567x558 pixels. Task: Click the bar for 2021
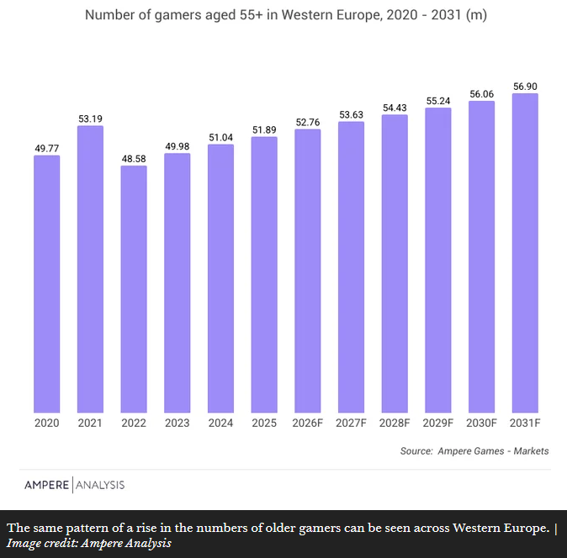click(90, 269)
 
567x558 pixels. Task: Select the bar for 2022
click(134, 289)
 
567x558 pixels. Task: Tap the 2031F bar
click(525, 253)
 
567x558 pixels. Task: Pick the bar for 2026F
click(308, 271)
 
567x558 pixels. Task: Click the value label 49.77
click(46, 149)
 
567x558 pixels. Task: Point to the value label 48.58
click(134, 159)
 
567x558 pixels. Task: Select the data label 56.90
click(525, 87)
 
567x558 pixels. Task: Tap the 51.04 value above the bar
click(220, 138)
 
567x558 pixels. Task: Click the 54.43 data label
click(395, 108)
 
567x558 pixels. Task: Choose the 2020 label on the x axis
click(46, 423)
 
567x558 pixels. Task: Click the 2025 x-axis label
click(264, 423)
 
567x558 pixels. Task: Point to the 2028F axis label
click(395, 423)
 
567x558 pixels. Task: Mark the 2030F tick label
click(481, 423)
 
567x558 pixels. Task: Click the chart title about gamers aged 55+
click(286, 15)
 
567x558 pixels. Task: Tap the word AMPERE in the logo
click(46, 485)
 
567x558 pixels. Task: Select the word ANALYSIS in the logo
click(100, 485)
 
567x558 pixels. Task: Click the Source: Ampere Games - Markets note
click(474, 451)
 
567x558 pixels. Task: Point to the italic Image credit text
click(89, 543)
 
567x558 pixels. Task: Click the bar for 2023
click(178, 283)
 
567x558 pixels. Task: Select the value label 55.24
click(438, 101)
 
